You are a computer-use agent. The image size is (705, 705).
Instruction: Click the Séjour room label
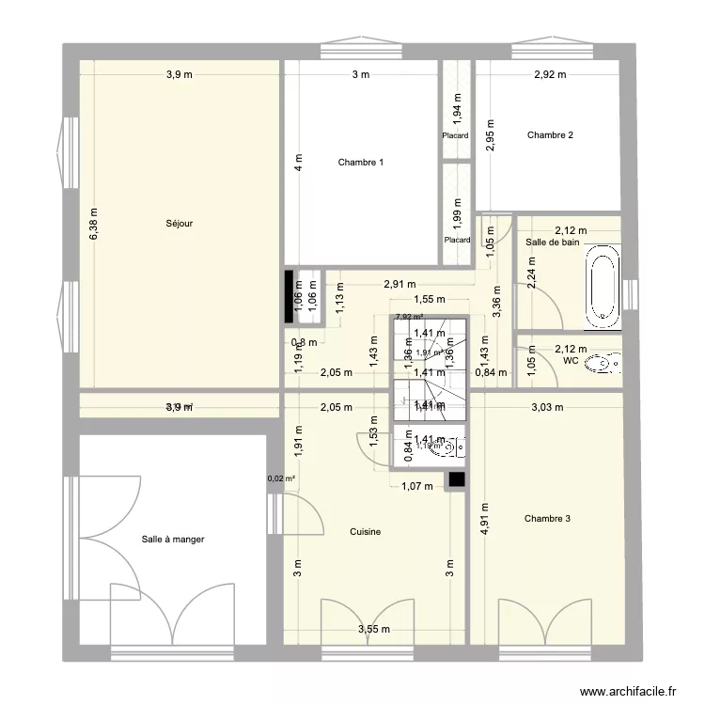179,224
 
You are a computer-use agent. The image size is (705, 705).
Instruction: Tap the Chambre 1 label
360,163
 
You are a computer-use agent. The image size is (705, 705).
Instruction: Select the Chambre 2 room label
550,135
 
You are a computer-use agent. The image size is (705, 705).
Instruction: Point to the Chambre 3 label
547,518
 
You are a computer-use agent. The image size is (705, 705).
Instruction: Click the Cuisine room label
365,532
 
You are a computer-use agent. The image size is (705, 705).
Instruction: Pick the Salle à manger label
173,540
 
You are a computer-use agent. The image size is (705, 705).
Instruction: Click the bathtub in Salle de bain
602,287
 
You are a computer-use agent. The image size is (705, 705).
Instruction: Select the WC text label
571,360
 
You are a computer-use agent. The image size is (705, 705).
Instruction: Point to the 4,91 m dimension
485,517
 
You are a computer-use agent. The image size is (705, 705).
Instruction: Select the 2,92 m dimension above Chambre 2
550,75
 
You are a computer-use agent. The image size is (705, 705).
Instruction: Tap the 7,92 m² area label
409,318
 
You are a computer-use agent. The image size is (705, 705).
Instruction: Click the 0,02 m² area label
281,478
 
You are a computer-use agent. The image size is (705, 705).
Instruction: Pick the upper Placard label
456,135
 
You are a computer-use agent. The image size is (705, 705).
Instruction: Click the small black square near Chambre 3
457,478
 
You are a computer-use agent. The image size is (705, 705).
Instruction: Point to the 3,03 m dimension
546,407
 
